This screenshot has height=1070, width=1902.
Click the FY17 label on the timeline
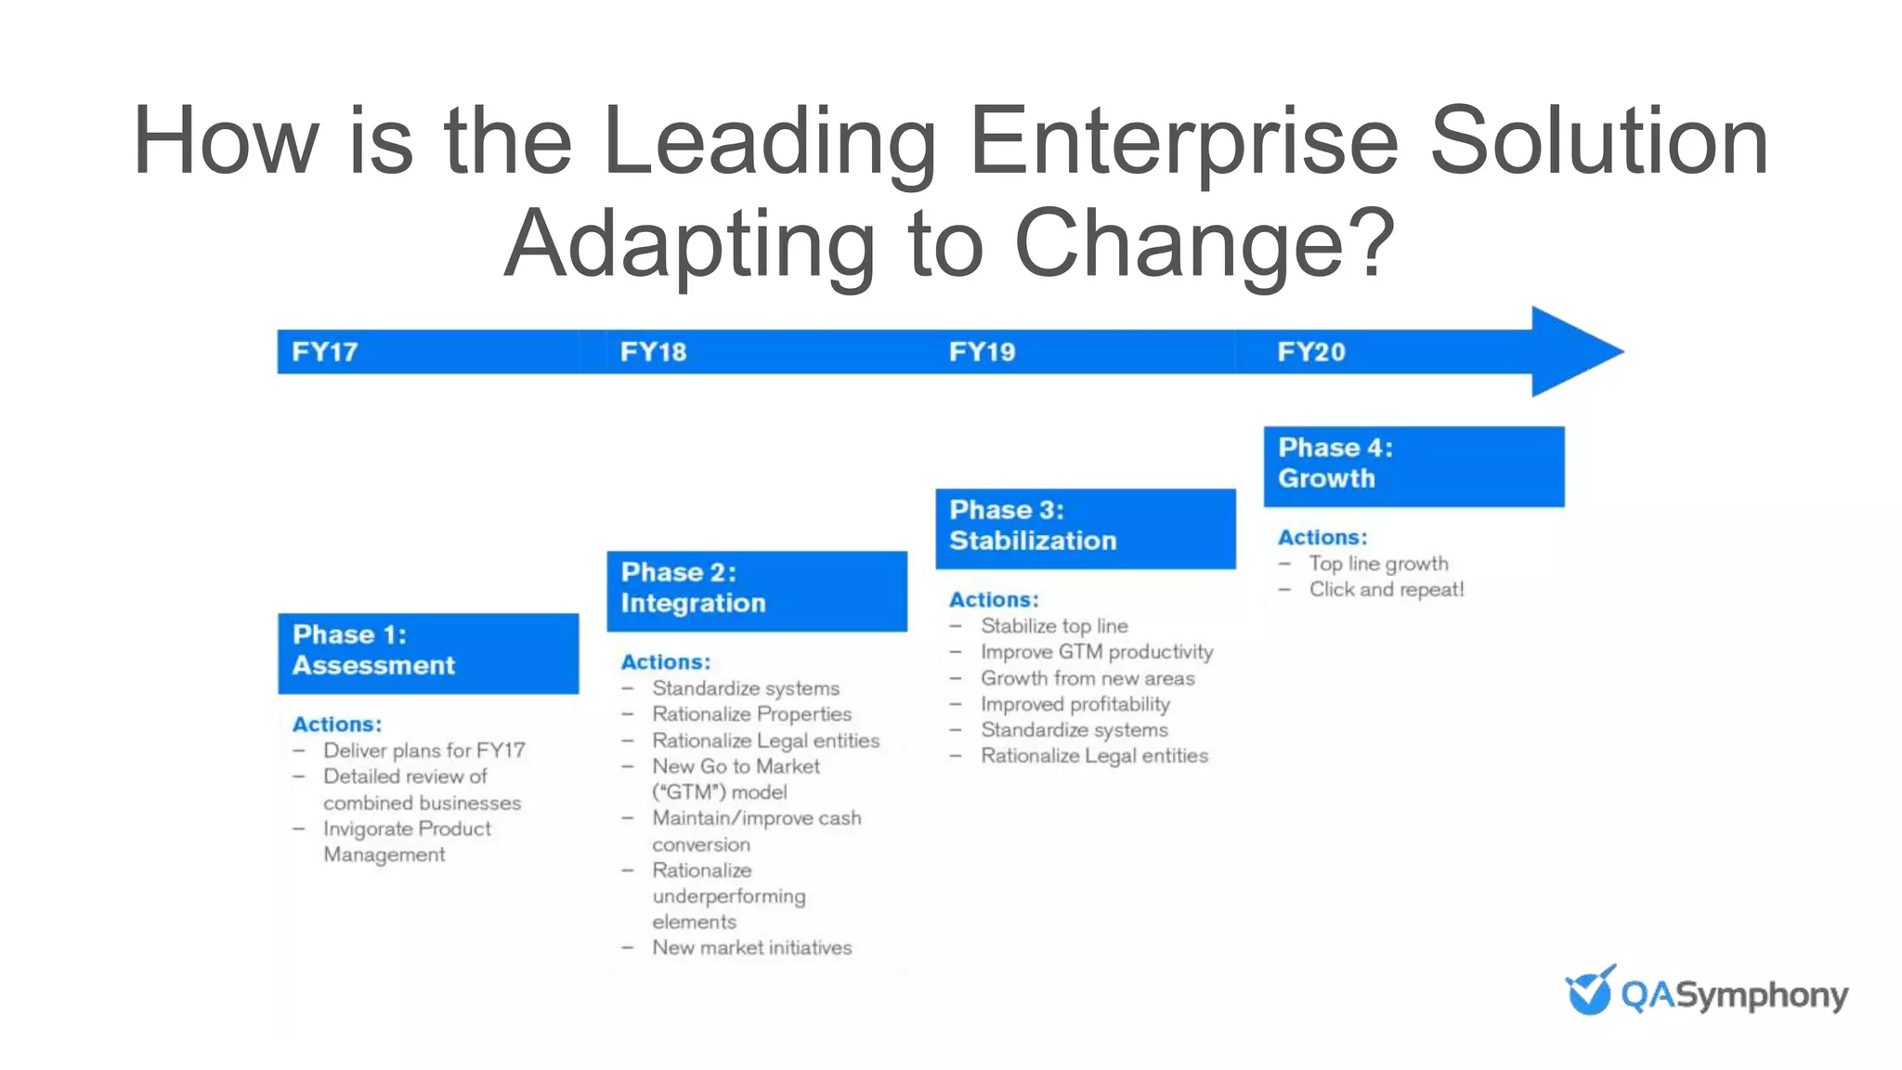(x=324, y=352)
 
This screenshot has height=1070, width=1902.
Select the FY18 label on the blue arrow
(x=653, y=352)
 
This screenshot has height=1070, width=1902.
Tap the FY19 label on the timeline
(x=982, y=352)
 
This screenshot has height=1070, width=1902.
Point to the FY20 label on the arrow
(x=1310, y=352)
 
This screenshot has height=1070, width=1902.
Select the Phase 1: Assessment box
(x=428, y=653)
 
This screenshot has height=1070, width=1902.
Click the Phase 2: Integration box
(x=757, y=591)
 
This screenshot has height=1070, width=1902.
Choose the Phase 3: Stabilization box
(x=1086, y=528)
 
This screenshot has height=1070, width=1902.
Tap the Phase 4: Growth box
(x=1413, y=466)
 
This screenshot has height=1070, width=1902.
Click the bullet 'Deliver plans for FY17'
(x=423, y=750)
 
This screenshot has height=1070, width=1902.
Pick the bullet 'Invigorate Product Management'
(x=407, y=842)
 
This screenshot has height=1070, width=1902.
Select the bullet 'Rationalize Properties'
(x=751, y=714)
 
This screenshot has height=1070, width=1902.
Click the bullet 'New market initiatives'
(x=751, y=948)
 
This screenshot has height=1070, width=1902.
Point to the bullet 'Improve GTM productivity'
(x=1097, y=652)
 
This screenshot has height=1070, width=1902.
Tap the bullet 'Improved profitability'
(x=1075, y=704)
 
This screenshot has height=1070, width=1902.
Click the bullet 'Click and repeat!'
(x=1387, y=590)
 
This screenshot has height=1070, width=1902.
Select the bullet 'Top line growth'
(x=1378, y=564)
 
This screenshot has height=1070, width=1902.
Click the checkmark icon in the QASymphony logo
(x=1590, y=990)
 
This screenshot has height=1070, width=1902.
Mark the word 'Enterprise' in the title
(x=1183, y=141)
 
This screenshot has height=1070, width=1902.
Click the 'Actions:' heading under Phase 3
(x=994, y=600)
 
